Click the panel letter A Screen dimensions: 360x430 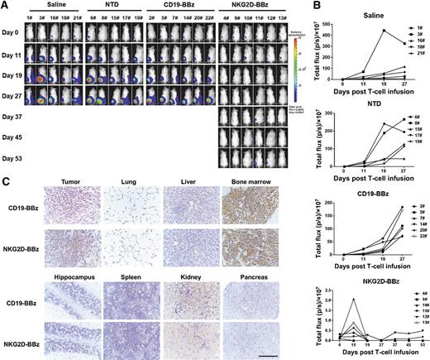[5, 6]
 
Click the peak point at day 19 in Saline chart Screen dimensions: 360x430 [384, 31]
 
